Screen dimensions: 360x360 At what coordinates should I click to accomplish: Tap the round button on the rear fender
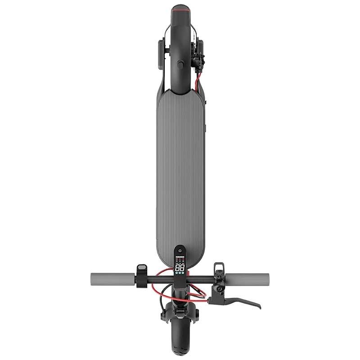[180, 66]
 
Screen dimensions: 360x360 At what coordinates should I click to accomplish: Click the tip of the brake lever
[257, 306]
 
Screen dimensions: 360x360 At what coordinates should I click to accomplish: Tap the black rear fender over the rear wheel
[180, 45]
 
